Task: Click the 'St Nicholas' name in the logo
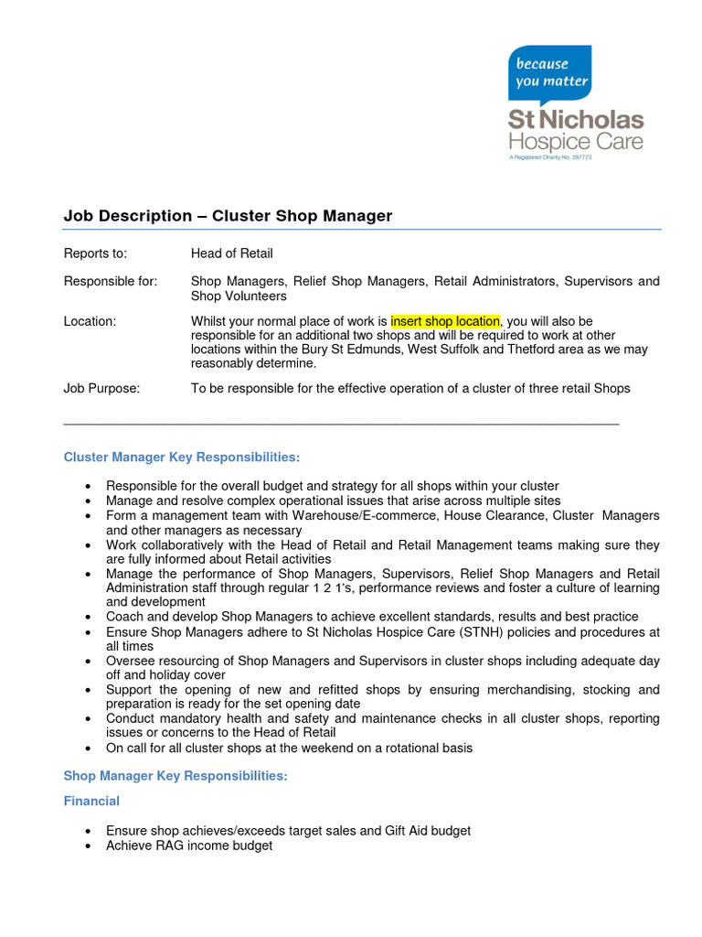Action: click(576, 121)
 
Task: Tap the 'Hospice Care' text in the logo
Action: click(576, 142)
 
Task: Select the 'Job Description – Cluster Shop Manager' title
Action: click(228, 216)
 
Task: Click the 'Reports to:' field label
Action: click(95, 253)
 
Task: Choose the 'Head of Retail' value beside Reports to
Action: click(231, 253)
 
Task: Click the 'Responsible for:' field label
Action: click(110, 282)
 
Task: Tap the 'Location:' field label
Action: click(90, 321)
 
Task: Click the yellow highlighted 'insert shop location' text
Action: click(445, 321)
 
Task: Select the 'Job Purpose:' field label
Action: click(101, 388)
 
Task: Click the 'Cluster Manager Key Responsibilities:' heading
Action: click(181, 457)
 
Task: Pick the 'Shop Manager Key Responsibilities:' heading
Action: click(175, 776)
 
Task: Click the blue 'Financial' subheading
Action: click(91, 802)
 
